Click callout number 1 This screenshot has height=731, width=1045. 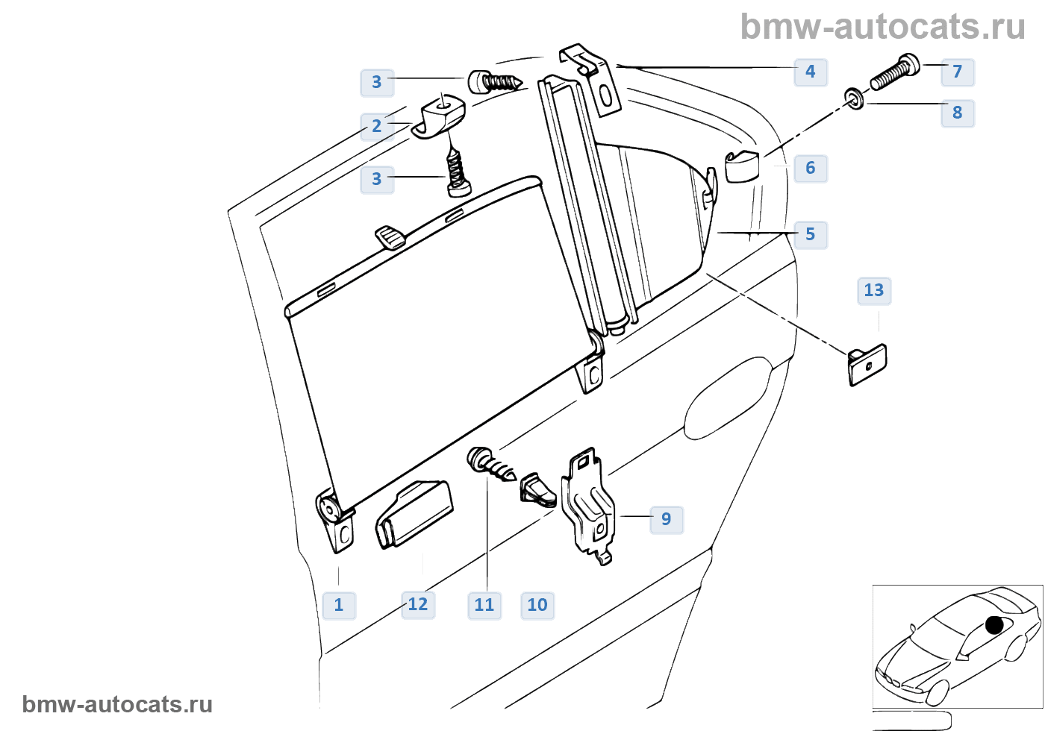[339, 605]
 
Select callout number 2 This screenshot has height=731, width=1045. [377, 126]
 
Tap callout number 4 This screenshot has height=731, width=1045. [811, 72]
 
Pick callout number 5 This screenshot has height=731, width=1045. [811, 234]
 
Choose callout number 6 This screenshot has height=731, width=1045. [811, 168]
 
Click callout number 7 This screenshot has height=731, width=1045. [958, 72]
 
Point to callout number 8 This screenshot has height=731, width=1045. [958, 113]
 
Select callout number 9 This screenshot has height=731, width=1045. [667, 519]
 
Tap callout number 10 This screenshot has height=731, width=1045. [537, 605]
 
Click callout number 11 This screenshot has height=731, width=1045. [484, 605]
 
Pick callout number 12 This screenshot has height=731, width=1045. [418, 604]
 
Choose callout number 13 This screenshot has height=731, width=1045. [874, 290]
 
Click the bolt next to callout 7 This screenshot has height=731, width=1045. [893, 73]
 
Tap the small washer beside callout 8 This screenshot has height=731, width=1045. [854, 98]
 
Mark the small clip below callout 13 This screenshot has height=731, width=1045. [867, 365]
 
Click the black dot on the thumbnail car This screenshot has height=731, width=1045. [994, 625]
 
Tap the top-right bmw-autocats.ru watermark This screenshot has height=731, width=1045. [882, 27]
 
